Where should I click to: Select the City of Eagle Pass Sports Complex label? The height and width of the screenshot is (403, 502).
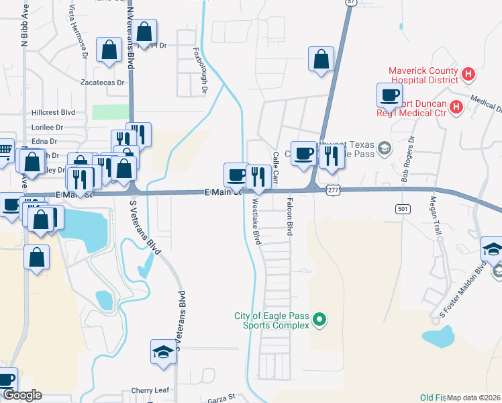click(272, 320)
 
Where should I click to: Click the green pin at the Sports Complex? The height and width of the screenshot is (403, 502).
click(319, 320)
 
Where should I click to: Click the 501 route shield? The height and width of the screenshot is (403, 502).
click(403, 208)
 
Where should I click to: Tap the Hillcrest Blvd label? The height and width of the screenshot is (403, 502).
click(53, 112)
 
